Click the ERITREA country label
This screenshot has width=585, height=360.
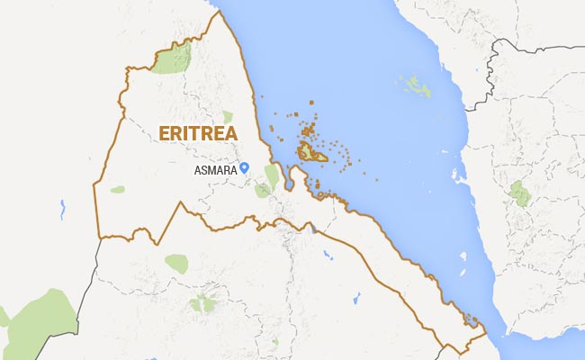[198, 133]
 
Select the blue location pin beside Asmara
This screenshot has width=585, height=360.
[244, 168]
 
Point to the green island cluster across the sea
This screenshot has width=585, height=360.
[417, 87]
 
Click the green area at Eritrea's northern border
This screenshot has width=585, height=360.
[171, 58]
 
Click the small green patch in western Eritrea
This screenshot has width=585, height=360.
[118, 189]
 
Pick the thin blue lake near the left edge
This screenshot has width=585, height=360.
[62, 211]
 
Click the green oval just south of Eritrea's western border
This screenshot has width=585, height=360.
[176, 264]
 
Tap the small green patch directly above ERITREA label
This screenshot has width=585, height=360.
[228, 116]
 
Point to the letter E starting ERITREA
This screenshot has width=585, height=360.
[163, 133]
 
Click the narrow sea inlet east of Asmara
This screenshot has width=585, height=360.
[289, 178]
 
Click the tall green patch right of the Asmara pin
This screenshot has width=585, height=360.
[271, 175]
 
